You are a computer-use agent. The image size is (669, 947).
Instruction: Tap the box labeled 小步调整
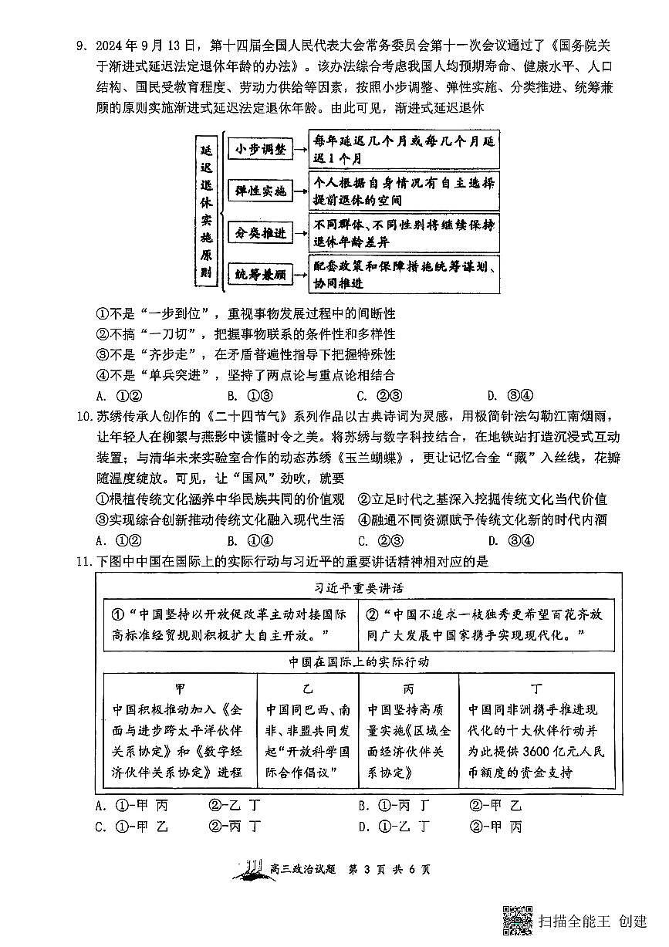[261, 149]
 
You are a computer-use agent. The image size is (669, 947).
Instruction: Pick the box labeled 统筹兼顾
[261, 274]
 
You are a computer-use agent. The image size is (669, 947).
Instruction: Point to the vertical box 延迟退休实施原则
[205, 210]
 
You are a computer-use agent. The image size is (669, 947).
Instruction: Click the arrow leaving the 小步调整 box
[301, 149]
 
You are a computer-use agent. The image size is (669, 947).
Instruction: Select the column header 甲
[180, 687]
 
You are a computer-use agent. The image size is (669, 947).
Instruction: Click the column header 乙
[308, 687]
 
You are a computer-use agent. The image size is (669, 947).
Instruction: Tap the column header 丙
[408, 687]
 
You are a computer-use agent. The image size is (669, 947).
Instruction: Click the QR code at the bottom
[518, 920]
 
